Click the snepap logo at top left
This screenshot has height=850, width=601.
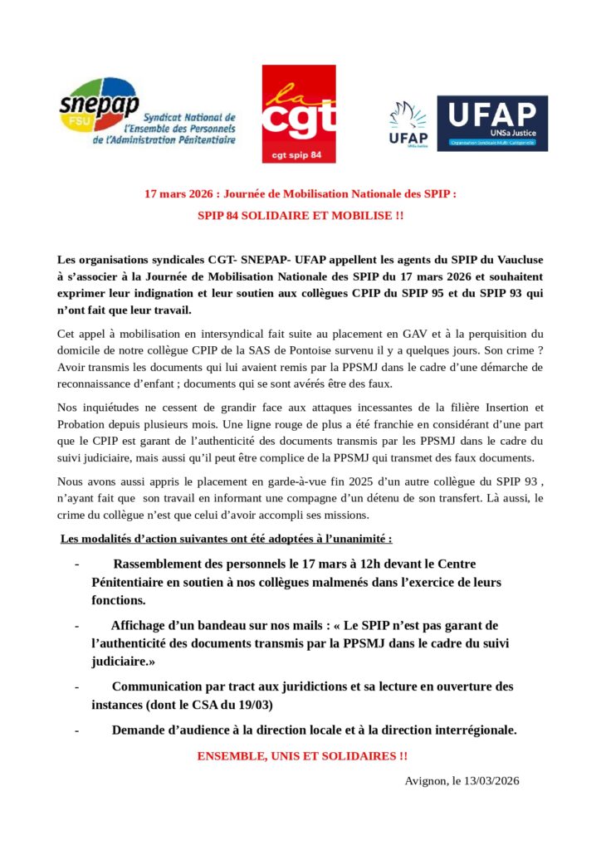(145, 115)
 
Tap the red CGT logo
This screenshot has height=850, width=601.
(299, 114)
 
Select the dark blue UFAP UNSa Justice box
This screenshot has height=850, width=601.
(492, 123)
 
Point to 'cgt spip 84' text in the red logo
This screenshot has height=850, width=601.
(299, 154)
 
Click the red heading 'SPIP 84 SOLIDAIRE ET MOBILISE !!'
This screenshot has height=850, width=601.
(300, 216)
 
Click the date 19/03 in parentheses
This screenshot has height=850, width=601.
(255, 705)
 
